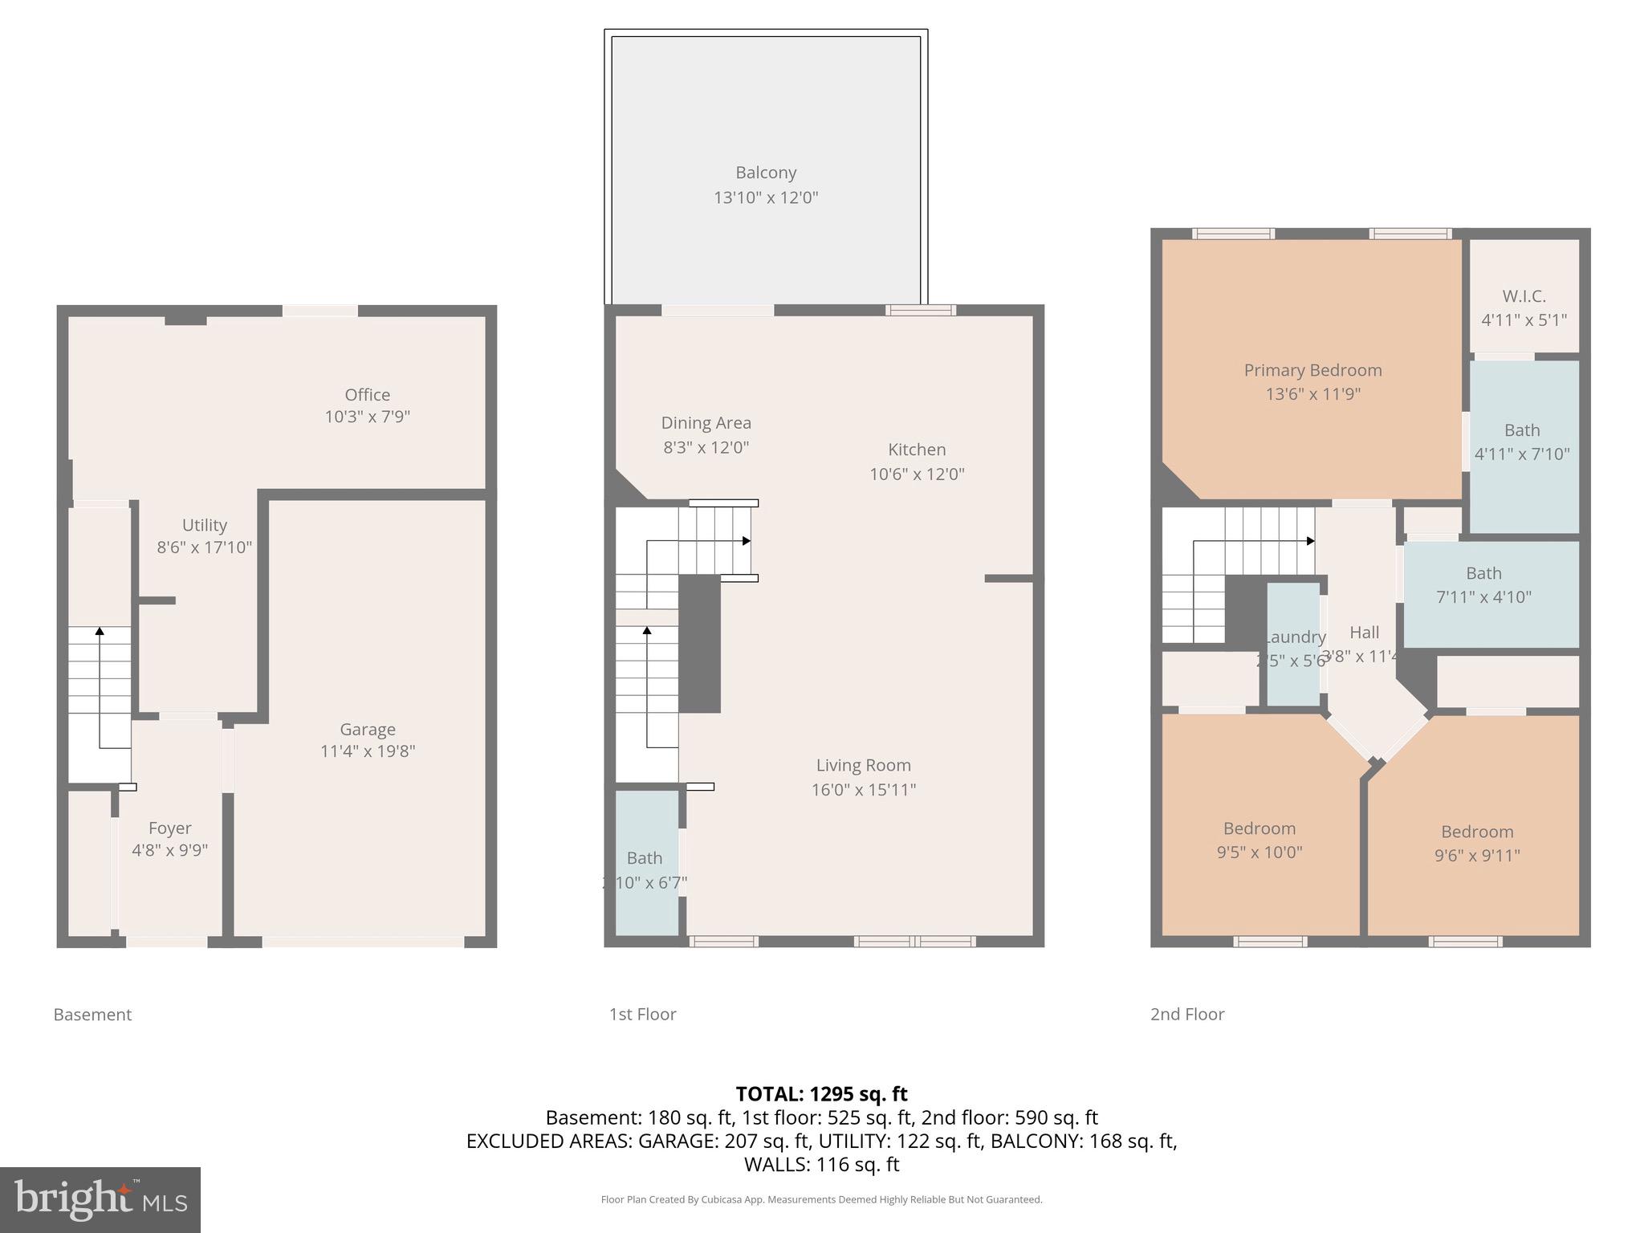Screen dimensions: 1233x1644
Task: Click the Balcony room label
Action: (x=766, y=173)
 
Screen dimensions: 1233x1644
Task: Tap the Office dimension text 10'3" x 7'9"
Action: (x=368, y=417)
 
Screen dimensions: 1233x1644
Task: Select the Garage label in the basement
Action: (x=368, y=729)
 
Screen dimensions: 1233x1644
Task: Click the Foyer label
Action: (x=170, y=828)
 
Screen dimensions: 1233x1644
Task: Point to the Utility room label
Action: (x=204, y=525)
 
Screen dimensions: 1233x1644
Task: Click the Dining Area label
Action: (x=706, y=423)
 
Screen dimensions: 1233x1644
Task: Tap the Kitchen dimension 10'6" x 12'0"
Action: (x=917, y=474)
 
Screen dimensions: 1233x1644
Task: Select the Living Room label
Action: (x=863, y=765)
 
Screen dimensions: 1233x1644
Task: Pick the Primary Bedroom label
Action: (x=1312, y=370)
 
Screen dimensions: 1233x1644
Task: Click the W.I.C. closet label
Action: (x=1524, y=296)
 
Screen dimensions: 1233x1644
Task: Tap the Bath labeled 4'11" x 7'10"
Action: (x=1522, y=442)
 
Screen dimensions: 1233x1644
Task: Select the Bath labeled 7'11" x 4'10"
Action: (x=1483, y=585)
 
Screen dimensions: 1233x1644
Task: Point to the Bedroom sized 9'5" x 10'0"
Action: (x=1259, y=840)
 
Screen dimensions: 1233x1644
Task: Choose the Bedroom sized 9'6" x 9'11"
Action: (x=1476, y=843)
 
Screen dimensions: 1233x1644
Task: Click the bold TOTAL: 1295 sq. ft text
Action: (x=821, y=1094)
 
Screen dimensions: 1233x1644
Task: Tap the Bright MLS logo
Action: (x=100, y=1199)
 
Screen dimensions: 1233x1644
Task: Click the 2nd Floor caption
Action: (x=1186, y=1014)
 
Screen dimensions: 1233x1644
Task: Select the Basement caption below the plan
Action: (x=92, y=1014)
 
